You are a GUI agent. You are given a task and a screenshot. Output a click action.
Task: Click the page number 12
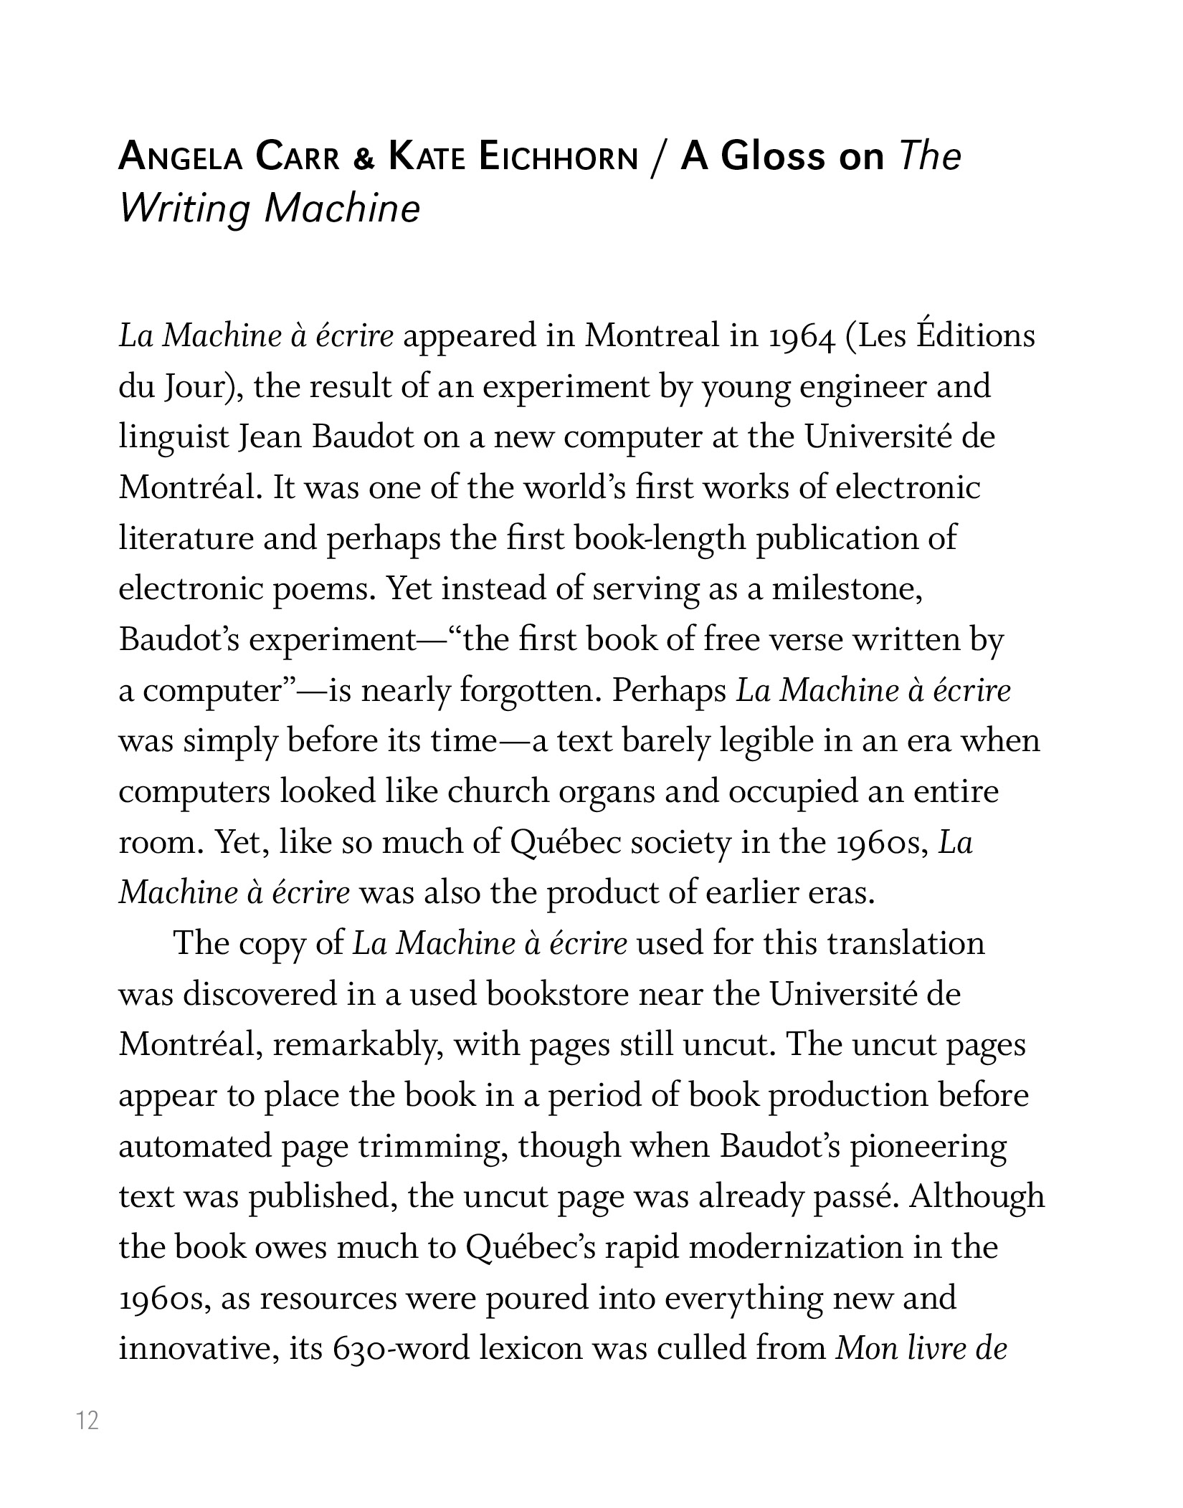(x=87, y=1421)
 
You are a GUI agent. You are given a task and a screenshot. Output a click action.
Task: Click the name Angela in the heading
(x=181, y=158)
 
